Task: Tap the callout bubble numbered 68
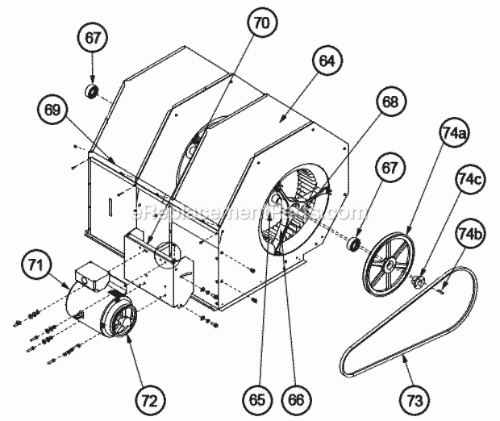(390, 102)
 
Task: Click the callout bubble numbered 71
(38, 264)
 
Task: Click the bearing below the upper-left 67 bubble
(93, 90)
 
